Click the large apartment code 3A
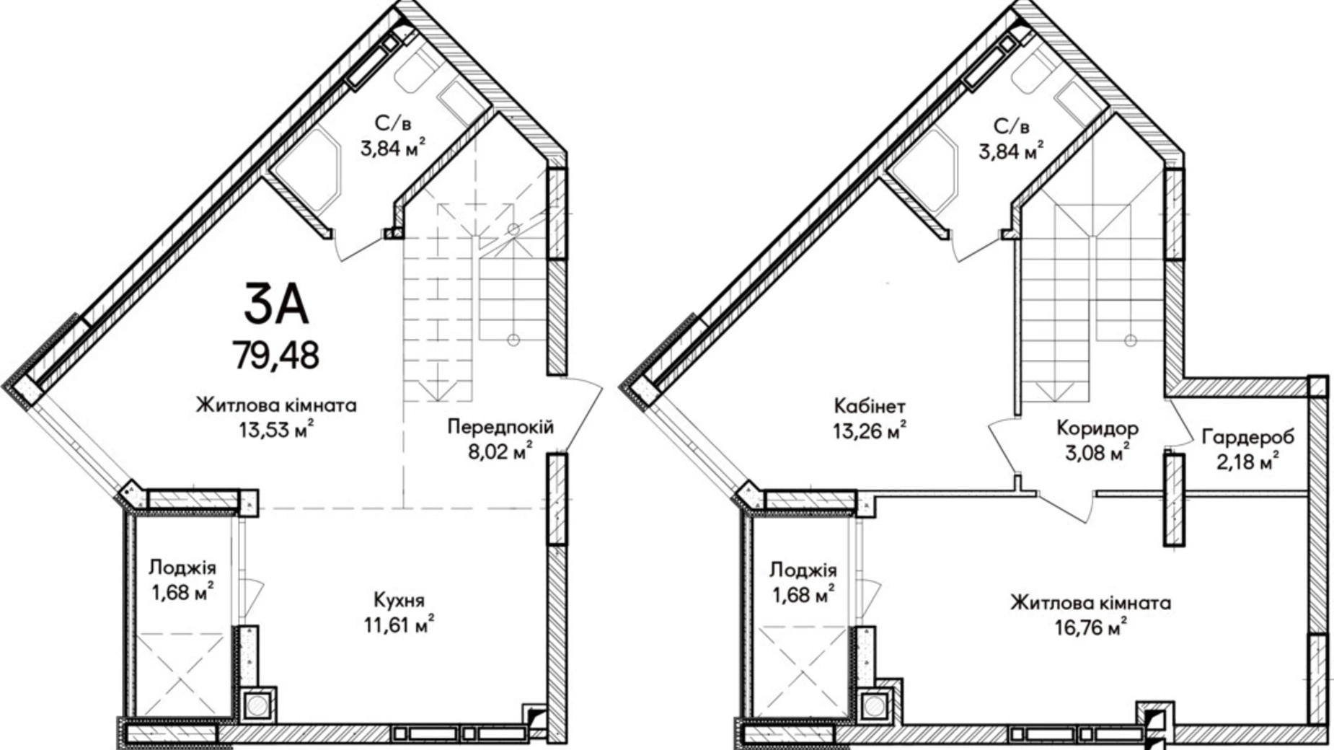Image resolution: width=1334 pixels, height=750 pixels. tap(276, 304)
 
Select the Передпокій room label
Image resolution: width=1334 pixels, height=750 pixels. tap(500, 427)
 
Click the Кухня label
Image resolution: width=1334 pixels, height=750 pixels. tap(399, 600)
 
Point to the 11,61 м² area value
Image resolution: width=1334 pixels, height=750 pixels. tap(399, 624)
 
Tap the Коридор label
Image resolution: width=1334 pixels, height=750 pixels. tap(1097, 429)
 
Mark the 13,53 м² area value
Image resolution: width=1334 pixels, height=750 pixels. tap(276, 430)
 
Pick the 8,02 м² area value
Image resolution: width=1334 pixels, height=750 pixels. tap(500, 451)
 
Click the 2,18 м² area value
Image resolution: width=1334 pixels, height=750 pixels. tap(1247, 461)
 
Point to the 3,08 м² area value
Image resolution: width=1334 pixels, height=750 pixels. tap(1097, 453)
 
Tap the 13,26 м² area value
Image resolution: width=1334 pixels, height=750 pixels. tap(870, 430)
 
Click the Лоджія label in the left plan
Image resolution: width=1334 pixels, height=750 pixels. tap(182, 568)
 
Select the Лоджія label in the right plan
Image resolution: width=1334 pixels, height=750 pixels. tap(803, 570)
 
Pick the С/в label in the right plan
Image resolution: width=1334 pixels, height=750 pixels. tap(1012, 126)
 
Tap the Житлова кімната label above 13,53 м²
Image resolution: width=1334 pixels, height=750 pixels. tap(276, 405)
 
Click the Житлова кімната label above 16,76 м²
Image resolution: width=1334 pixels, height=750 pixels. tap(1090, 602)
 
